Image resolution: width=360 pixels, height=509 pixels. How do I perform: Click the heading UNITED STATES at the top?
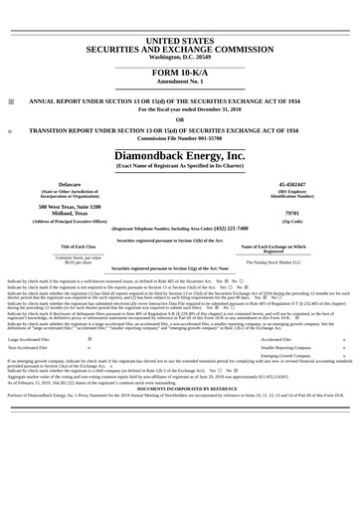(x=179, y=39)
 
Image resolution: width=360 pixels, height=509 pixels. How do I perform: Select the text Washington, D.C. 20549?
(x=179, y=57)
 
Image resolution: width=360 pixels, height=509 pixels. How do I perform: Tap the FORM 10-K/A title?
(x=179, y=75)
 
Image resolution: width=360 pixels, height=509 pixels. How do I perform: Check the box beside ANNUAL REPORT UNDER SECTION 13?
(x=10, y=101)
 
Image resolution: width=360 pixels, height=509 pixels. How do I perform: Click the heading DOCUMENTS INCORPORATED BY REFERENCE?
(x=179, y=387)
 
